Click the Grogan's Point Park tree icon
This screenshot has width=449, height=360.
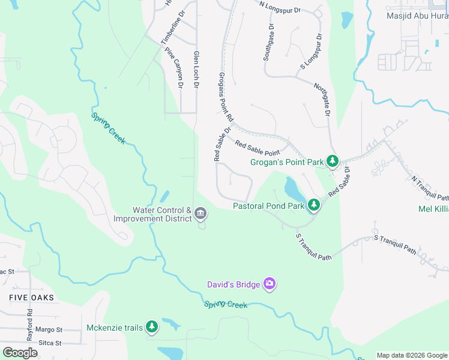(332, 161)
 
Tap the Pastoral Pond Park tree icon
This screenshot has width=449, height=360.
(313, 205)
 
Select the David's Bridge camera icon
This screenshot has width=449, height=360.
(269, 284)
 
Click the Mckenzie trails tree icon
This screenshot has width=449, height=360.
(152, 327)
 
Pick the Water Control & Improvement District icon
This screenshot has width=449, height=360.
(200, 214)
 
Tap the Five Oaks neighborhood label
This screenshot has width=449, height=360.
(31, 298)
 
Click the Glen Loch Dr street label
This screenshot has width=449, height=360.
(196, 70)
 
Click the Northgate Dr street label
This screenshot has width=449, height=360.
(323, 99)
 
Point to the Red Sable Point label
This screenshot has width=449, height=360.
(258, 148)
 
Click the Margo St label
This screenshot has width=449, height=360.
(49, 329)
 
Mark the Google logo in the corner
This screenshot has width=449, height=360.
(20, 353)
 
